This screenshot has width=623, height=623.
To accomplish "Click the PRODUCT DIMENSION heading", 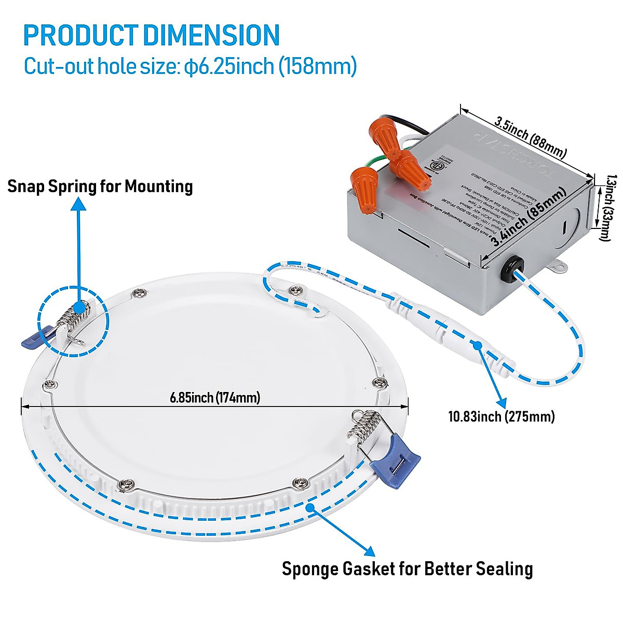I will click(x=152, y=35).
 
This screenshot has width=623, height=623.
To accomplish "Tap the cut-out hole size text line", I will click(x=190, y=66).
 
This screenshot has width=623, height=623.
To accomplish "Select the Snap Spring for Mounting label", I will click(x=100, y=186).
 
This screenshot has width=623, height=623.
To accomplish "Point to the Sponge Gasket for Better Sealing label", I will click(x=407, y=568).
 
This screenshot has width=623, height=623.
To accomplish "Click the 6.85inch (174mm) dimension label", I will click(x=214, y=398).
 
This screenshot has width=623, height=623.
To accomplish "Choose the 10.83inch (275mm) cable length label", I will click(x=502, y=416).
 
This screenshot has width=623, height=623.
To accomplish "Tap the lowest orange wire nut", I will click(x=363, y=189).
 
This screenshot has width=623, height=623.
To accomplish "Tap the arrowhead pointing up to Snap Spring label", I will click(x=78, y=204).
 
